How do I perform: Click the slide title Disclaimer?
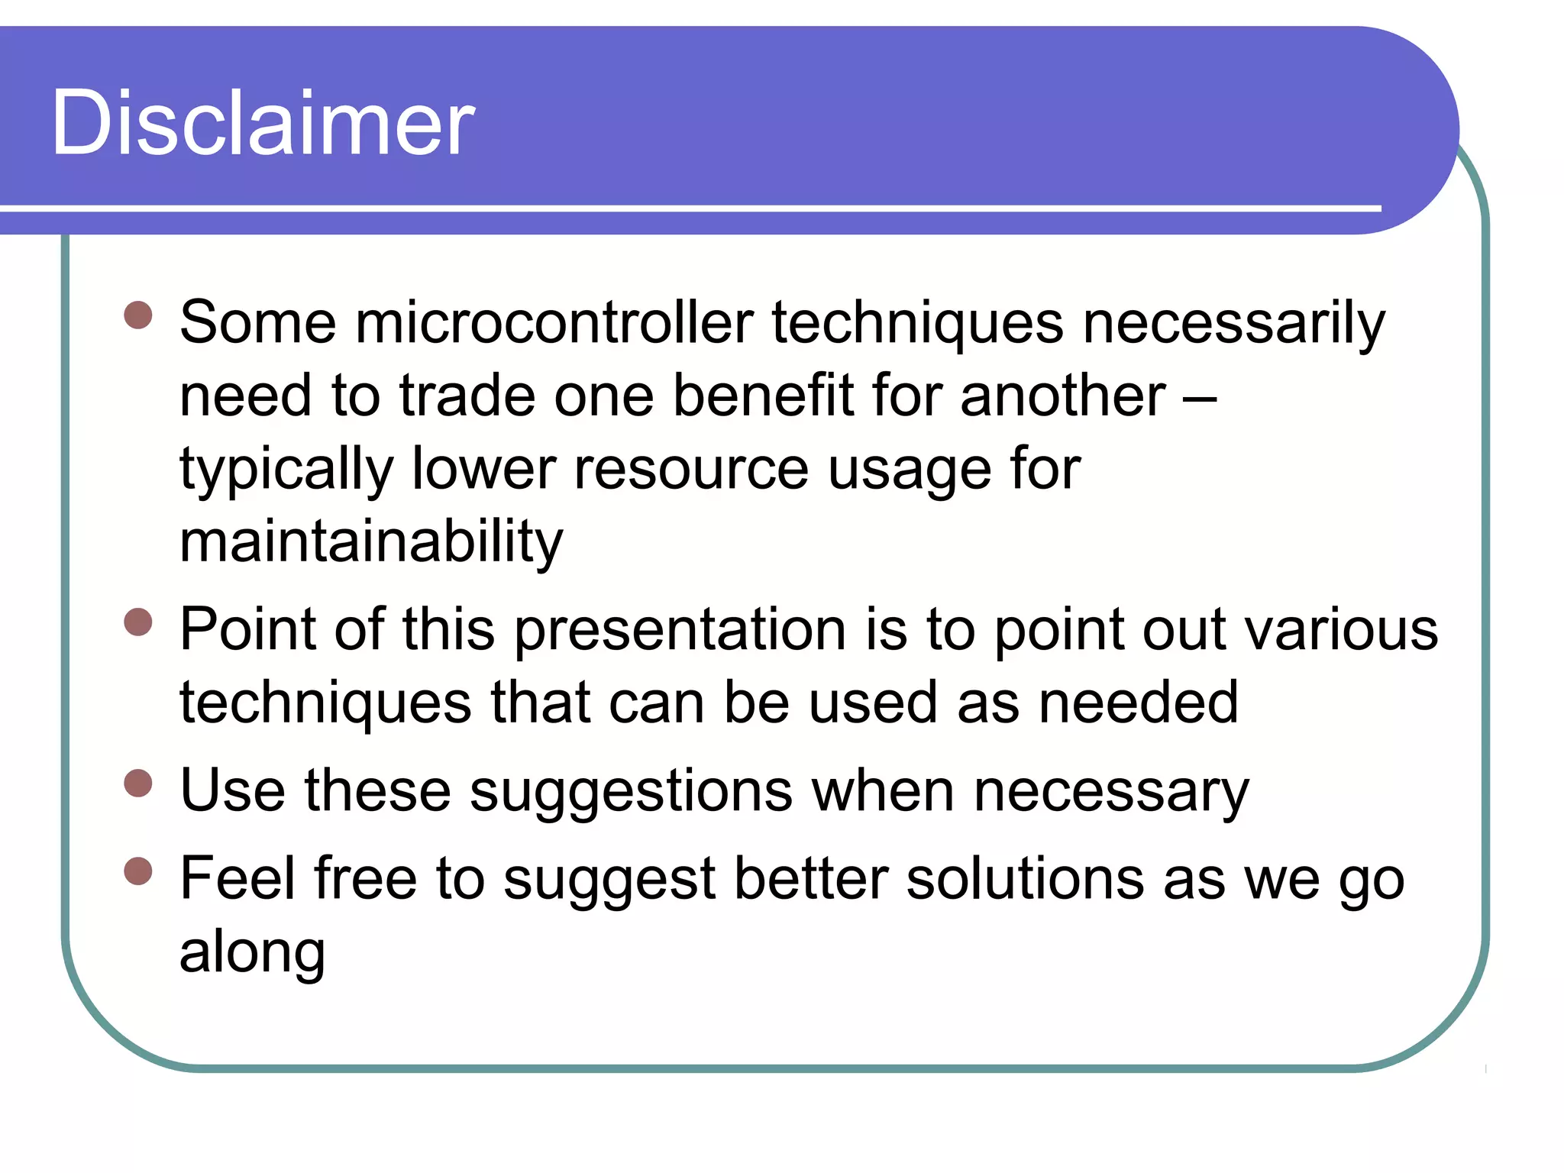coord(263,122)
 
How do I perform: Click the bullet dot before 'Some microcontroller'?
coord(138,315)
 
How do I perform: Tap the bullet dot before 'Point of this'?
coord(138,622)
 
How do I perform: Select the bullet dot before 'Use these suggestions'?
coord(138,783)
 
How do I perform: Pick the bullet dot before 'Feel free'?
coord(138,871)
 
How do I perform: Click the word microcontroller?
coord(554,322)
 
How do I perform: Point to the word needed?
coord(1138,703)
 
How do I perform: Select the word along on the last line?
coord(252,952)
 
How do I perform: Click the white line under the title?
coord(687,208)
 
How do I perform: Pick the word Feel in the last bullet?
coord(237,879)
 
